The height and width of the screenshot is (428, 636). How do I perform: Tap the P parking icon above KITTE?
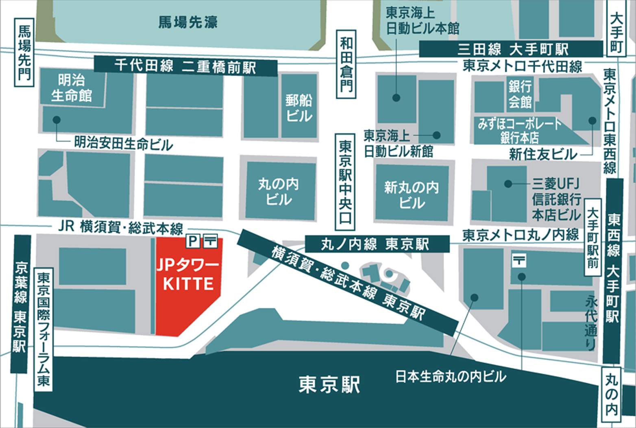coord(192,241)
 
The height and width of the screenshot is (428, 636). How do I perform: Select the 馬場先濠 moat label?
coord(188,22)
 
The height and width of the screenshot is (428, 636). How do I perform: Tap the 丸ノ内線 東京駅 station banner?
coord(377,244)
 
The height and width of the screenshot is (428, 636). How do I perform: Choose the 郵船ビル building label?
coord(299,108)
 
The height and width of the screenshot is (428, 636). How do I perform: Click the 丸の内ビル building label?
coord(279,191)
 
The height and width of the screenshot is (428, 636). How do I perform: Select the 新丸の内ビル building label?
coord(412,195)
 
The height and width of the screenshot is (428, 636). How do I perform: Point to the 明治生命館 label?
coord(72,88)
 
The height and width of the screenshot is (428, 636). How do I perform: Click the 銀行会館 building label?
coord(520,94)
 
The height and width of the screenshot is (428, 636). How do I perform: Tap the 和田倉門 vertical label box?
coord(346,64)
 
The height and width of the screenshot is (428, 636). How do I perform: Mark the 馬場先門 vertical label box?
coord(24,52)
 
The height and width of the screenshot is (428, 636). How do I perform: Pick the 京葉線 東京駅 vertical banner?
coord(20,304)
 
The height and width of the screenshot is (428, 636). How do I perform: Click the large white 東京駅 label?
coord(329,384)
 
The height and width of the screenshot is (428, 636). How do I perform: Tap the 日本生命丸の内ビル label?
coord(451,377)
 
